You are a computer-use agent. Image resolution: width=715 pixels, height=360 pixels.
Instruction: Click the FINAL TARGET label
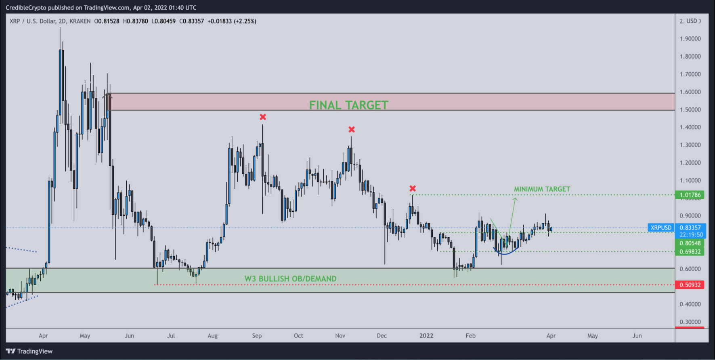tap(348, 105)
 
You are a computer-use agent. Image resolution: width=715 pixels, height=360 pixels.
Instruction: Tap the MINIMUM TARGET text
tap(542, 189)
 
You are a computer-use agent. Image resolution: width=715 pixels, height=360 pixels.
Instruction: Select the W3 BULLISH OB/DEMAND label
tap(290, 279)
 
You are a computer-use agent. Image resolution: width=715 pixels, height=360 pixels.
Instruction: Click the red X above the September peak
tap(263, 117)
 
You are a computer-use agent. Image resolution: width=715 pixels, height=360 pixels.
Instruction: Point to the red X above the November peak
tap(352, 130)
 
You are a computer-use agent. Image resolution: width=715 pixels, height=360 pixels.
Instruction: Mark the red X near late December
tap(413, 188)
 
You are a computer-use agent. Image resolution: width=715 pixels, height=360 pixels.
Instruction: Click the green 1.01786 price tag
tap(690, 195)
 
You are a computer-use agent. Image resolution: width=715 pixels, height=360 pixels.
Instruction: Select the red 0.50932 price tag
tap(690, 285)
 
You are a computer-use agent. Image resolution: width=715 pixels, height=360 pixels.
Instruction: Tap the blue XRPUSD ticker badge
tap(661, 228)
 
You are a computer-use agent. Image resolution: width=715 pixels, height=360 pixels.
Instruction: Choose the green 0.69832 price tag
tap(690, 252)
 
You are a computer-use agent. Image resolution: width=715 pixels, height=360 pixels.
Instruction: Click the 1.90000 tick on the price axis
tap(690, 39)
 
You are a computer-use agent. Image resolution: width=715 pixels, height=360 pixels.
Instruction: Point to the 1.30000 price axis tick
tap(690, 145)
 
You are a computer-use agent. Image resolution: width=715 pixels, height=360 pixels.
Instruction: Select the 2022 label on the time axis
tap(426, 336)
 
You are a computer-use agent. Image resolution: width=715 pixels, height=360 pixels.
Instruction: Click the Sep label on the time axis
tap(257, 336)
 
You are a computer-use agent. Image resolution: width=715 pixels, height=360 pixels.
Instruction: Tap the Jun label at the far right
tap(637, 336)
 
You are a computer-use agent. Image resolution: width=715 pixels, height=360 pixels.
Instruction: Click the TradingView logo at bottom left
tap(29, 351)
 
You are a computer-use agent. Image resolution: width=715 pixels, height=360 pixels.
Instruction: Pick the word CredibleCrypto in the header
tap(26, 8)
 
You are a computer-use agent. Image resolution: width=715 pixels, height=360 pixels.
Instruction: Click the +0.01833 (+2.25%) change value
tap(232, 21)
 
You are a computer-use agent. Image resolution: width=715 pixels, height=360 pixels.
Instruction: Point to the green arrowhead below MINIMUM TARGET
tap(515, 199)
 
